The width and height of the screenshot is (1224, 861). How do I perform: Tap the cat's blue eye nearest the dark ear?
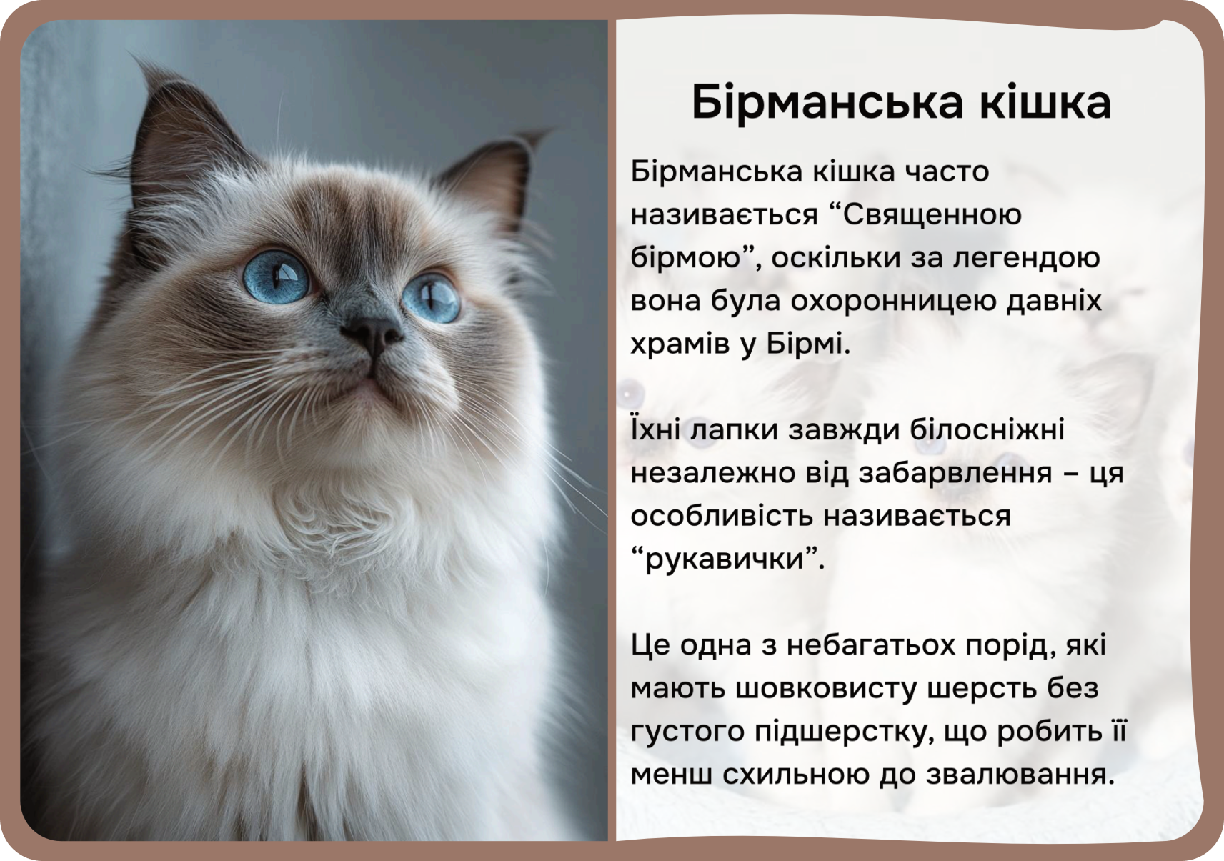pyautogui.click(x=276, y=276)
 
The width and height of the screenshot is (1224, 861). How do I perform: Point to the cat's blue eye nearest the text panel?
pyautogui.click(x=432, y=298)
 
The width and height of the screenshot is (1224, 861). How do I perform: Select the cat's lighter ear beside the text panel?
pyautogui.click(x=492, y=175)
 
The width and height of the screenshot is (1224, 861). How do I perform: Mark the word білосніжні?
pyautogui.click(x=987, y=430)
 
